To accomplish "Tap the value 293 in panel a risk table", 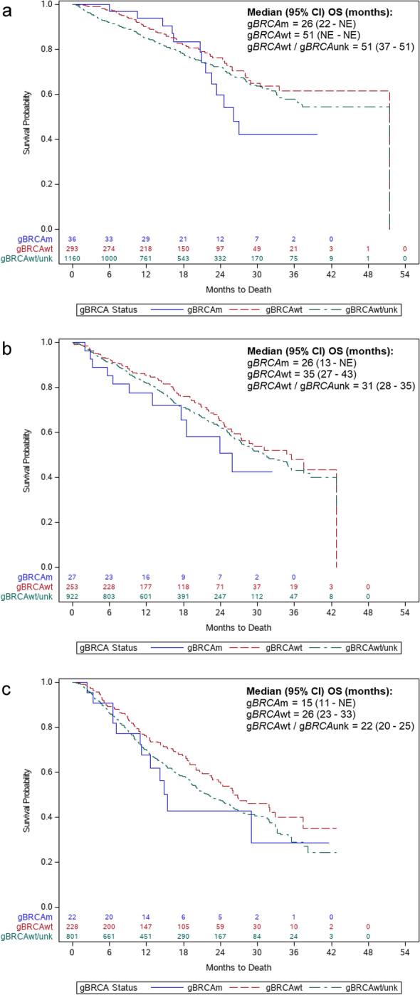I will (72, 249).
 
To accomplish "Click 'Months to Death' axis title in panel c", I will (238, 968).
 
